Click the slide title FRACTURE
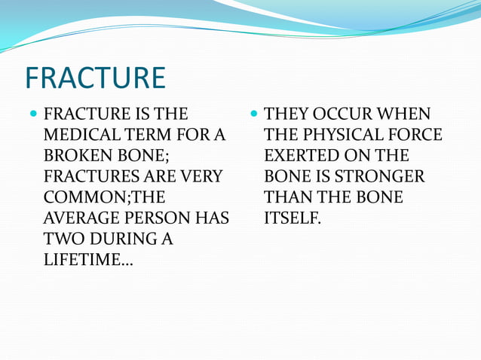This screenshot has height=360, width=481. pyautogui.click(x=95, y=78)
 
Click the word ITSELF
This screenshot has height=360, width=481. pyautogui.click(x=290, y=218)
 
